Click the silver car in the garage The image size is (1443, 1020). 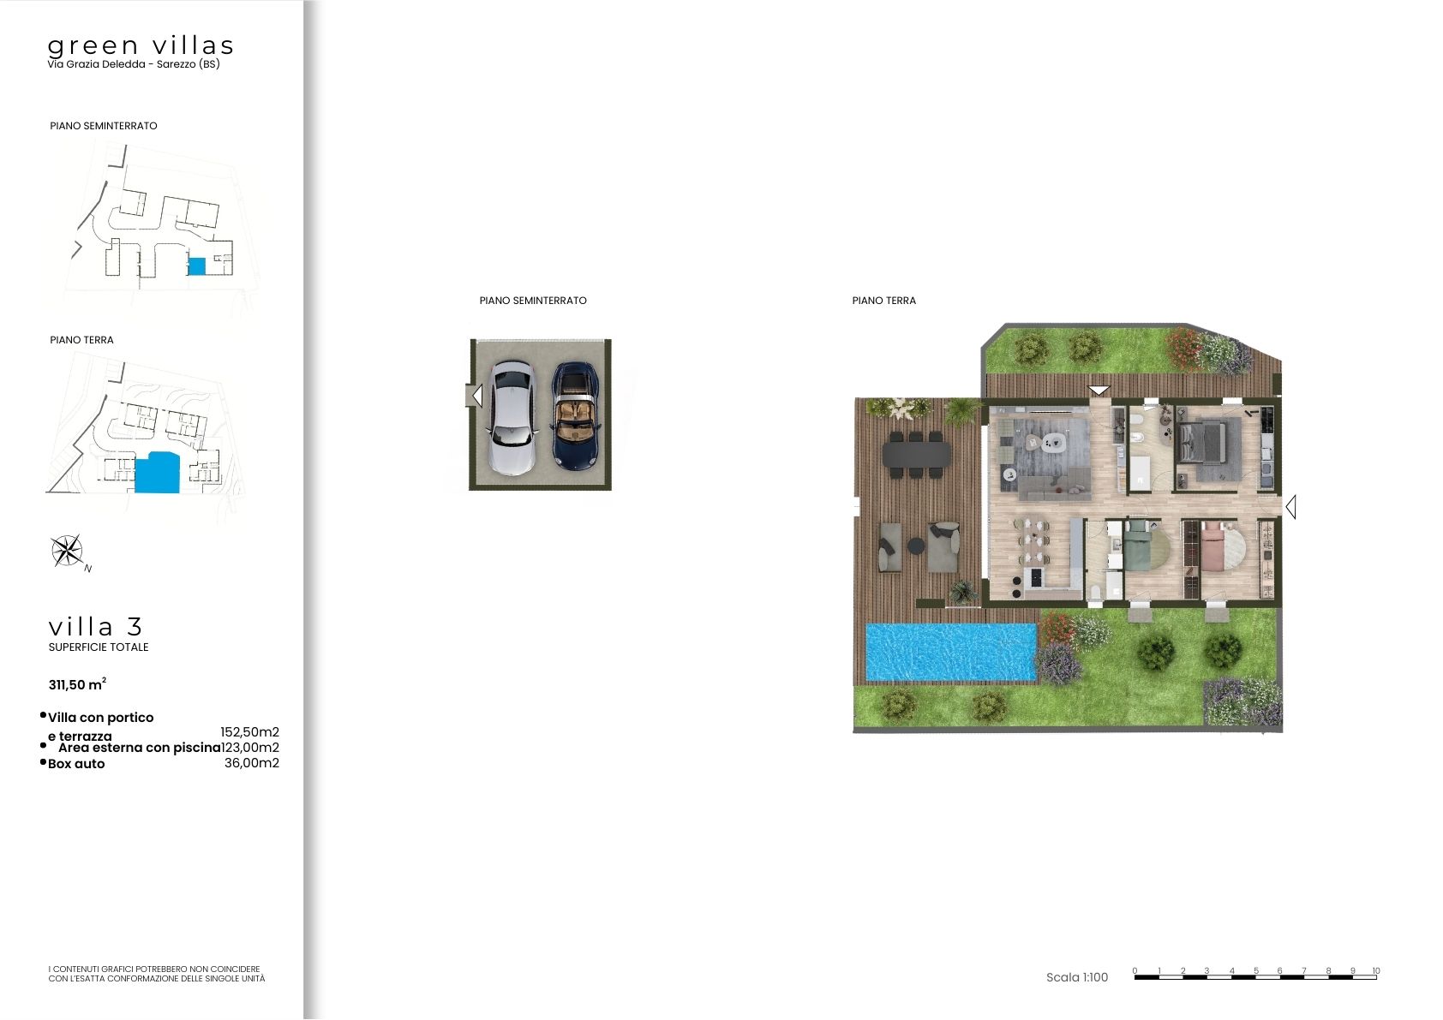coord(512,418)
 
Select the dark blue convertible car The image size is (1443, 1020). coord(575,416)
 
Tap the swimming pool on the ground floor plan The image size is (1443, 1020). coord(951,652)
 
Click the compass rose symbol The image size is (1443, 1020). coord(67,551)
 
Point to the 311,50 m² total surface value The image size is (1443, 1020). coord(77,684)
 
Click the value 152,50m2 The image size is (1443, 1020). coord(250,732)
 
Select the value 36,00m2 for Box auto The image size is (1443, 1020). coord(252,763)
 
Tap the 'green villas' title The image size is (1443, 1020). coord(141,45)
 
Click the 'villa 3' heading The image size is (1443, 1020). coord(95,627)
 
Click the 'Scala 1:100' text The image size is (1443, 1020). coord(1077,977)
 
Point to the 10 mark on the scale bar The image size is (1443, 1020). coord(1376,971)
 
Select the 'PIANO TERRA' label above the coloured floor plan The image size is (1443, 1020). coord(883,301)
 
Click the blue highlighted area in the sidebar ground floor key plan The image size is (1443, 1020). coord(158,473)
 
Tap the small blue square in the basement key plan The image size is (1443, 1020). coord(196,266)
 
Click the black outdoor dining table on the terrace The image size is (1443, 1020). coord(916,454)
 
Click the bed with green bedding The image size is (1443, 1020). coord(1138,546)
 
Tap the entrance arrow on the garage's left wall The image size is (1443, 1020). coord(477,396)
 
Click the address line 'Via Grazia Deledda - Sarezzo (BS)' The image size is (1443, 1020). coord(134,64)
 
